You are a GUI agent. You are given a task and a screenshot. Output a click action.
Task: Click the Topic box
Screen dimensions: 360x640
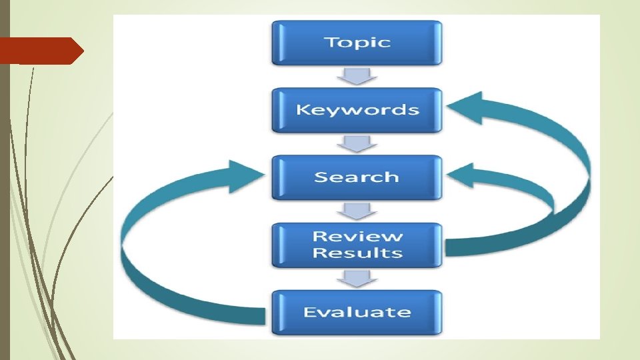pyautogui.click(x=357, y=43)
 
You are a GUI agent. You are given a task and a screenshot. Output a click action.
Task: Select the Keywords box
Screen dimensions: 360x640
pyautogui.click(x=357, y=110)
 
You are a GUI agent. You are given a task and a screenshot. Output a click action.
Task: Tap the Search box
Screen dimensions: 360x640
pyautogui.click(x=357, y=177)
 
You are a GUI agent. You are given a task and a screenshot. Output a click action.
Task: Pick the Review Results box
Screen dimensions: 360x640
pyautogui.click(x=357, y=245)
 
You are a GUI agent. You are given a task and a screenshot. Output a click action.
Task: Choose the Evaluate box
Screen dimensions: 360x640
pyautogui.click(x=357, y=312)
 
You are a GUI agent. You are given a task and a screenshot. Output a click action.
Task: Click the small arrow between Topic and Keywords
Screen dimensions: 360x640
pyautogui.click(x=357, y=76)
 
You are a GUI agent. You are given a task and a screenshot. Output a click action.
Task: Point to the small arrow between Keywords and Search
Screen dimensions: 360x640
pyautogui.click(x=357, y=143)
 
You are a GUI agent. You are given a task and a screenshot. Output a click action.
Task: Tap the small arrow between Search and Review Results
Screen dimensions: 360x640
pyautogui.click(x=357, y=211)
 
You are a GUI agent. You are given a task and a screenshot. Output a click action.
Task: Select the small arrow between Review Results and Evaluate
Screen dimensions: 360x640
pyautogui.click(x=357, y=279)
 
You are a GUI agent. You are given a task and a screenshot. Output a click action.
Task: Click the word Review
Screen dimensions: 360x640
pyautogui.click(x=357, y=236)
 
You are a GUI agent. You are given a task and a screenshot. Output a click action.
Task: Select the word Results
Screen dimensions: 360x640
pyautogui.click(x=357, y=253)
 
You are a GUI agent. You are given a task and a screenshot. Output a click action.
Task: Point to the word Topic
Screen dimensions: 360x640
pyautogui.click(x=357, y=43)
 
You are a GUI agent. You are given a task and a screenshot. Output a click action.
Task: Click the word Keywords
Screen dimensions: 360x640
pyautogui.click(x=357, y=110)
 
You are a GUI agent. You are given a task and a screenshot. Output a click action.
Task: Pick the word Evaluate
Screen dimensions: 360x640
pyautogui.click(x=357, y=312)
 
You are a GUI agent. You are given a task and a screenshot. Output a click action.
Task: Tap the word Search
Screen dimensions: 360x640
pyautogui.click(x=357, y=177)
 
